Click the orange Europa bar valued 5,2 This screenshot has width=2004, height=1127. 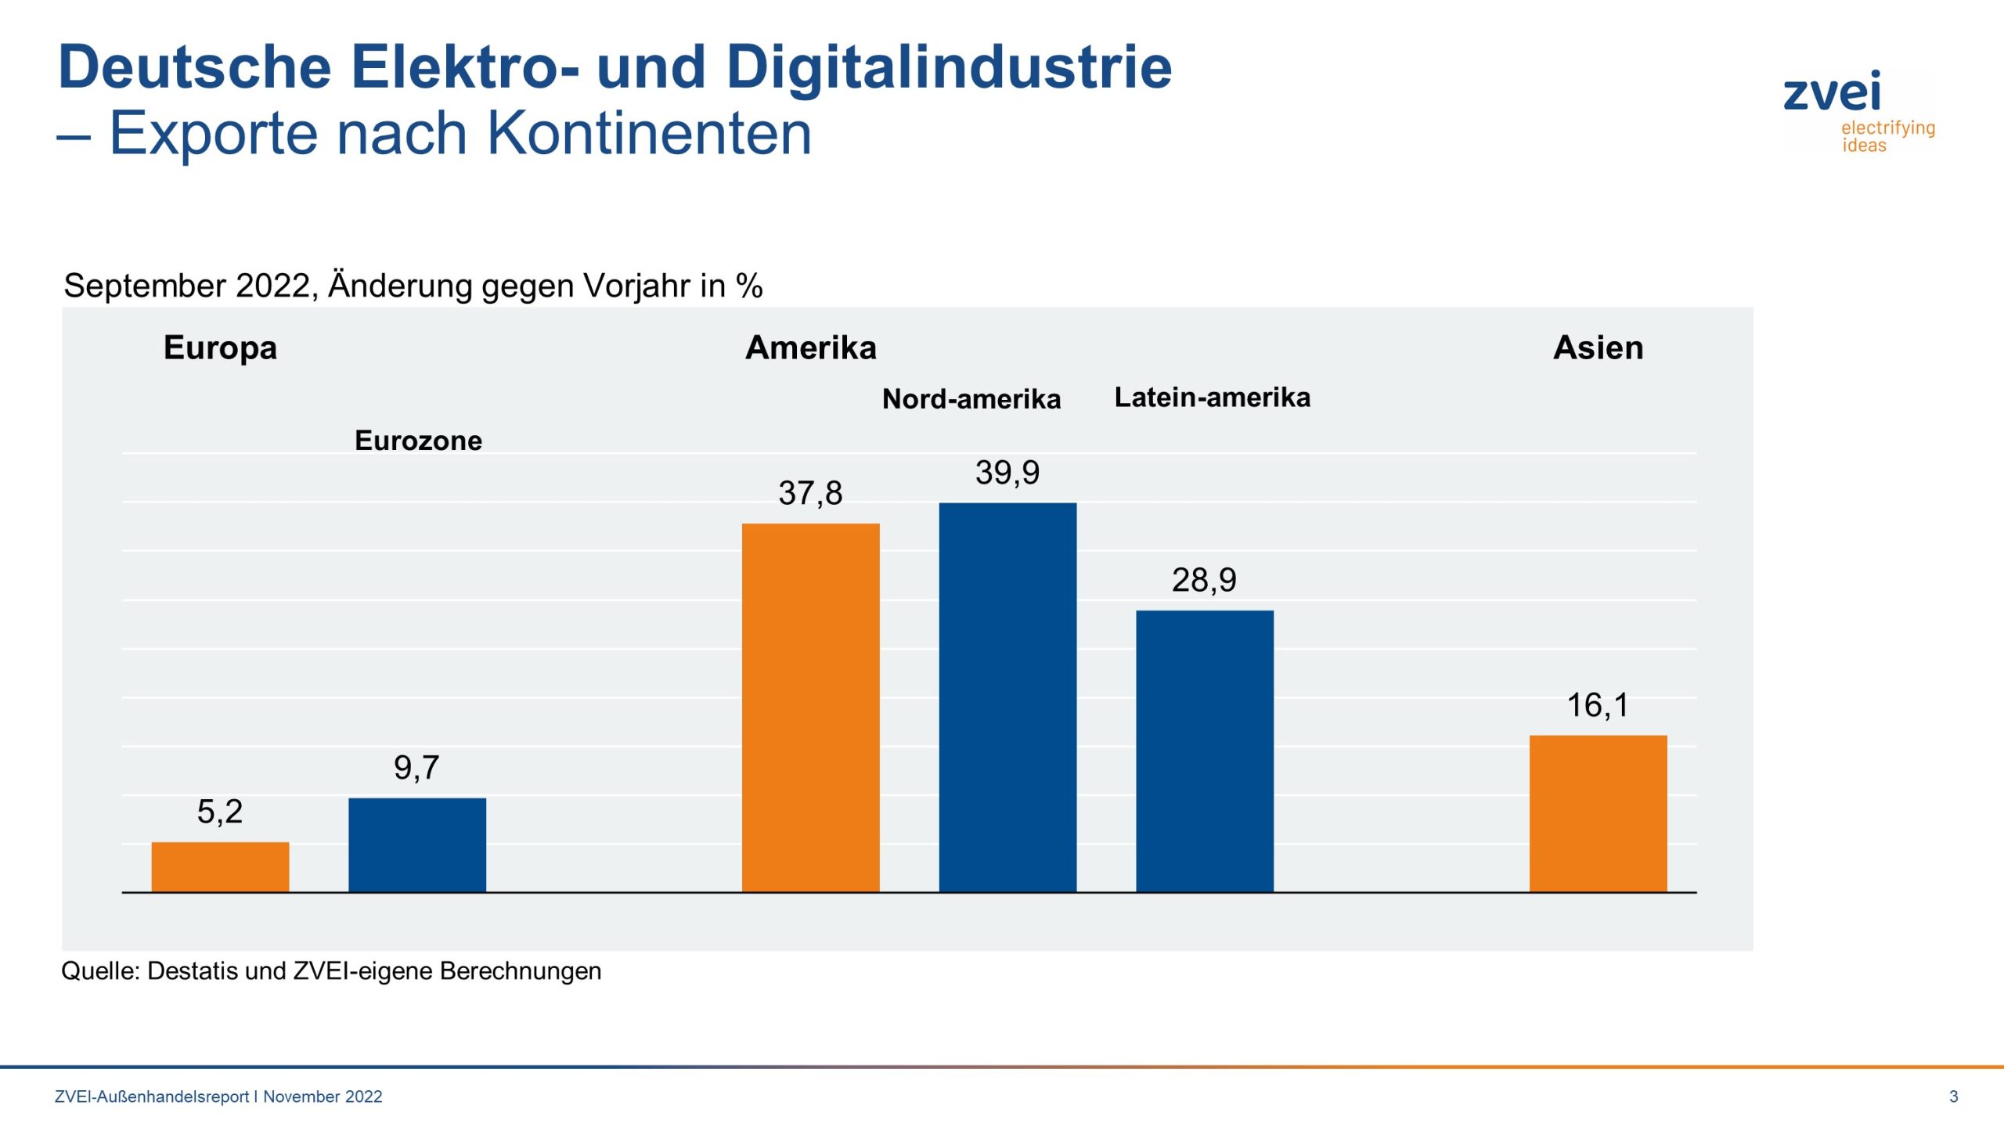(220, 866)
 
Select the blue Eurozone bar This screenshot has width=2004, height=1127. (417, 844)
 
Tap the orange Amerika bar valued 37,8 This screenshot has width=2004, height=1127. (810, 708)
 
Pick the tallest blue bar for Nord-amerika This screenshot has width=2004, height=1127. (1007, 697)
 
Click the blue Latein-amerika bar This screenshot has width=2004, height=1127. (1205, 751)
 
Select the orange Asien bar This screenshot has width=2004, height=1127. (1598, 813)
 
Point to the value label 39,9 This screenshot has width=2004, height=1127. (1007, 473)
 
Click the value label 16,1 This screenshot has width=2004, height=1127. (1598, 705)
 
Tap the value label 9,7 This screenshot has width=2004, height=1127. (416, 767)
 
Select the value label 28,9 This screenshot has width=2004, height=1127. (1204, 580)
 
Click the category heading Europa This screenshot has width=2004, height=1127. (220, 347)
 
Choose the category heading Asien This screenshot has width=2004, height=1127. (1598, 347)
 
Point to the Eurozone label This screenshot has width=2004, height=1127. (418, 441)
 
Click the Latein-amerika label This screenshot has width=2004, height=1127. (1212, 398)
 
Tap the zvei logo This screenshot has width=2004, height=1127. (1857, 110)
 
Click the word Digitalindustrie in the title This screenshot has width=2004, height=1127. (949, 67)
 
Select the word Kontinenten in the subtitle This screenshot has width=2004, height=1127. (649, 133)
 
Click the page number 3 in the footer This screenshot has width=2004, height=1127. (1953, 1096)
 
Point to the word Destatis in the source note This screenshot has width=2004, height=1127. (193, 970)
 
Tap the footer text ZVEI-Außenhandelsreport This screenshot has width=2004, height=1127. (152, 1096)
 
